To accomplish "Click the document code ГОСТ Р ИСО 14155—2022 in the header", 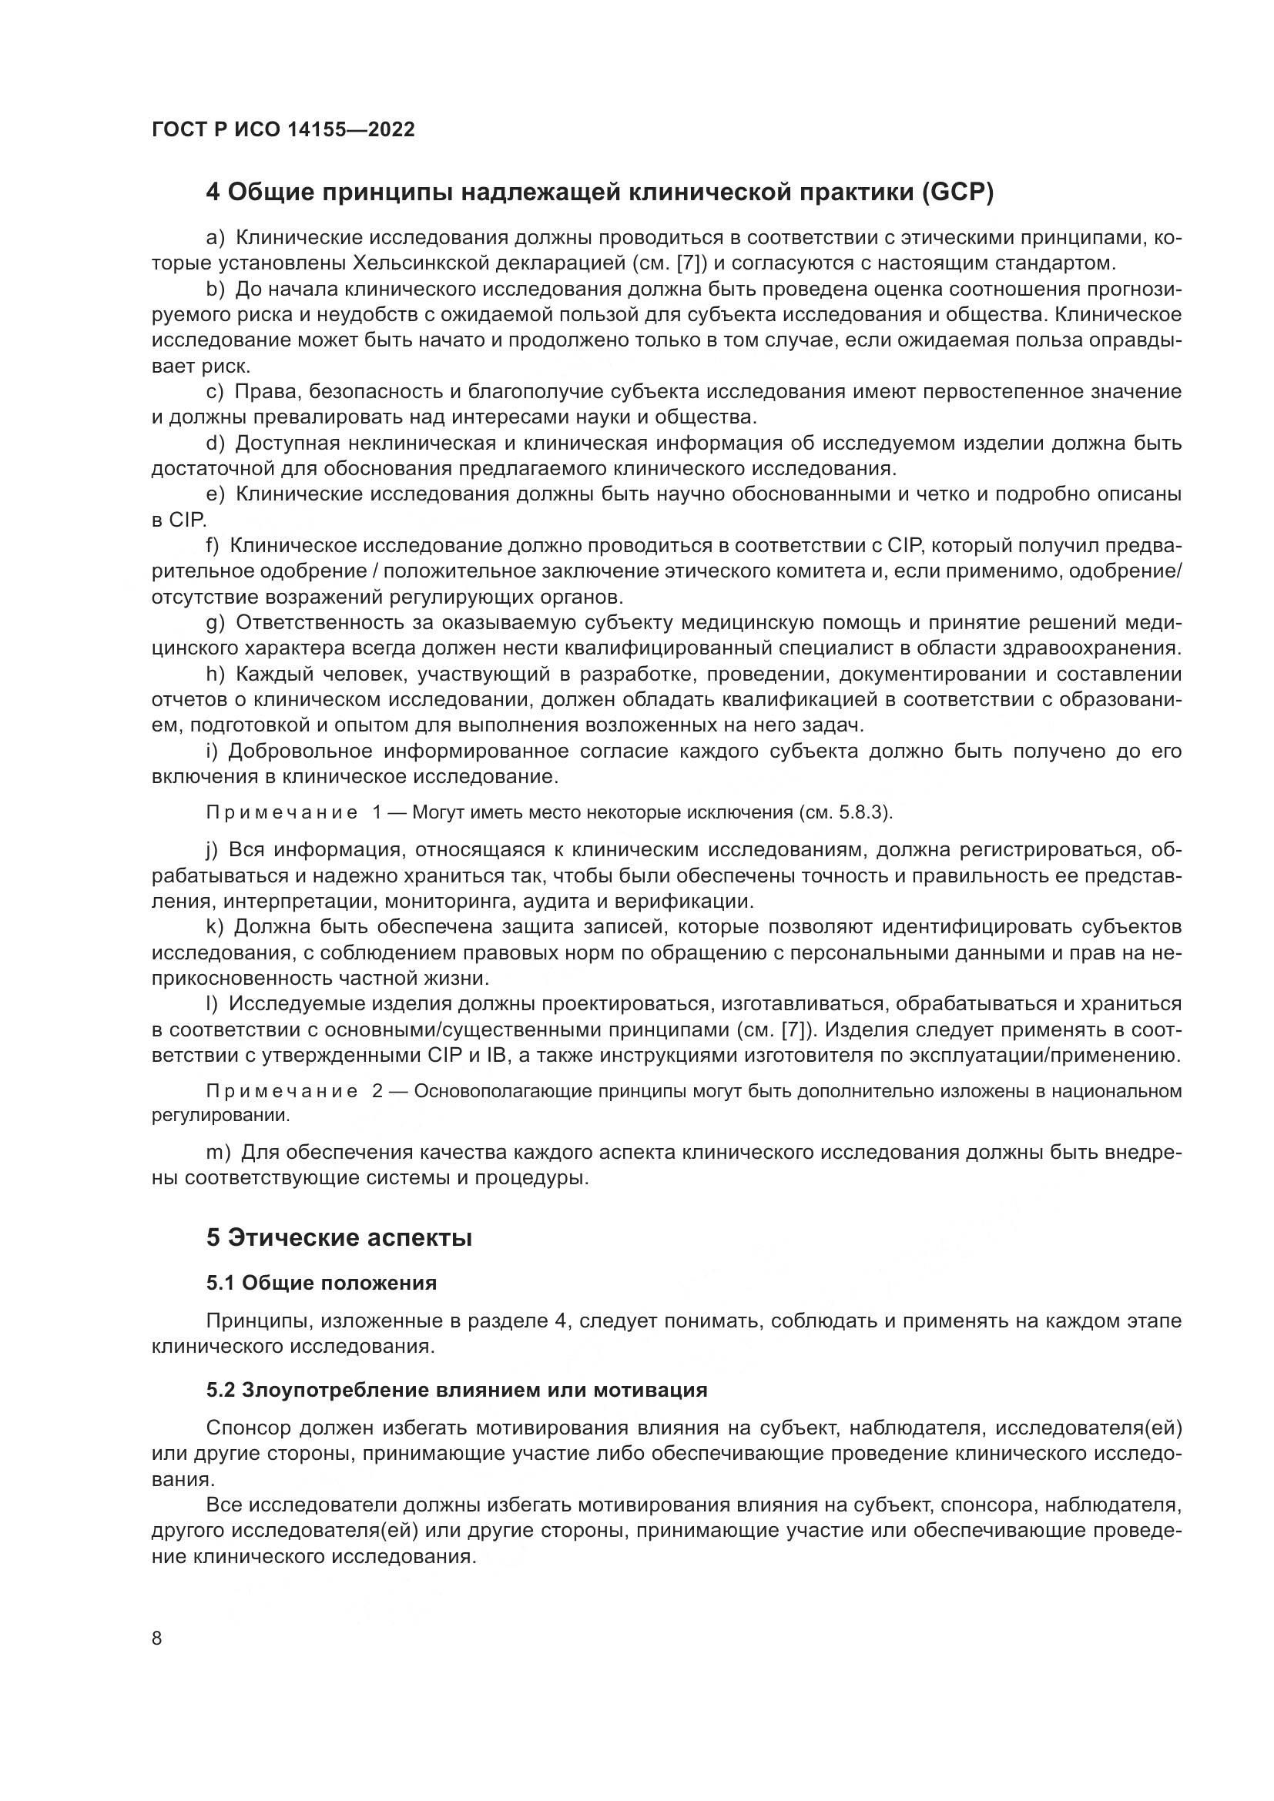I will (283, 129).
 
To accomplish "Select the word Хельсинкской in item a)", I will (423, 262).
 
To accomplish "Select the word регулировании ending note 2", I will (220, 1115).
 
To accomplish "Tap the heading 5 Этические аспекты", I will (339, 1238).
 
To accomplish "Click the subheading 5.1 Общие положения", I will (322, 1283).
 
